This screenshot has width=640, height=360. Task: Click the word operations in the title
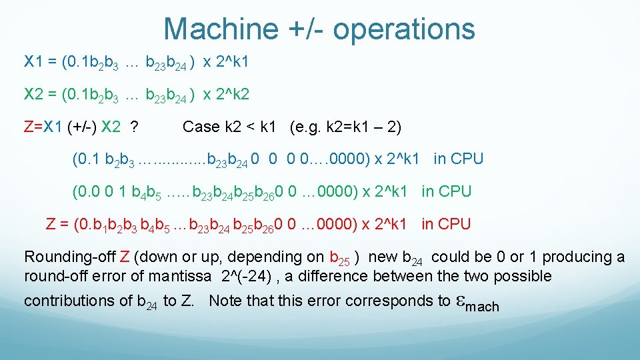tap(403, 29)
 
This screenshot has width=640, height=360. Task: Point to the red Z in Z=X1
tap(28, 127)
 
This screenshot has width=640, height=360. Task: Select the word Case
tap(200, 127)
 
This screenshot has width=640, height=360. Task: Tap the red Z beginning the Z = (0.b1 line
tap(51, 224)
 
